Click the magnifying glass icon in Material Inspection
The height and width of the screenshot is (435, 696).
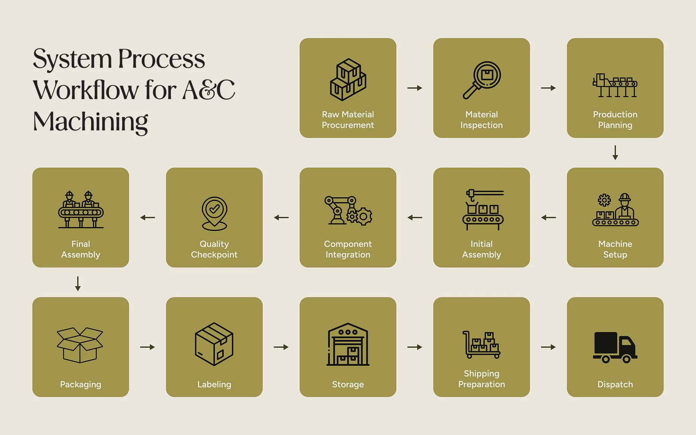482,80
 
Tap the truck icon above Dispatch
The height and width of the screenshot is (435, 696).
615,347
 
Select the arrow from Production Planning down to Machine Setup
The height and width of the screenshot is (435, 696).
615,153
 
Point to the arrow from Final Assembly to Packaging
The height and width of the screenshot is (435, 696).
78,283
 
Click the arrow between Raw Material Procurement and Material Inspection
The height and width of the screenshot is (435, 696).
414,88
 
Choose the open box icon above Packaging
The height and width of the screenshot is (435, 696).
80,345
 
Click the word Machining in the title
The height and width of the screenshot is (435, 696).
90,122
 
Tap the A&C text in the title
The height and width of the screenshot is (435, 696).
209,90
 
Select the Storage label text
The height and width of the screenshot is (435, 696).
348,384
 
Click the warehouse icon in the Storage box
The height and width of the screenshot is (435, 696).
348,344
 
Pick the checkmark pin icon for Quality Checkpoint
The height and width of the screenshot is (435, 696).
214,213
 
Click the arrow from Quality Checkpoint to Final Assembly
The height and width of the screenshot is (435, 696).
148,217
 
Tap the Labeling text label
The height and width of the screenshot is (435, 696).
214,384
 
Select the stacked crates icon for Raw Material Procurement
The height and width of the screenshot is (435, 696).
348,80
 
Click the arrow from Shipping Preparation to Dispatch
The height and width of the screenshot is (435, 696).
548,347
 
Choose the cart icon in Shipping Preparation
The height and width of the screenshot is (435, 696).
481,345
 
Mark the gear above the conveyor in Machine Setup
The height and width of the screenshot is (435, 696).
604,200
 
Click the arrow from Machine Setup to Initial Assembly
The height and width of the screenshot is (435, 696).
548,217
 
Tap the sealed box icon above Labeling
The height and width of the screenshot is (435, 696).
214,344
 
